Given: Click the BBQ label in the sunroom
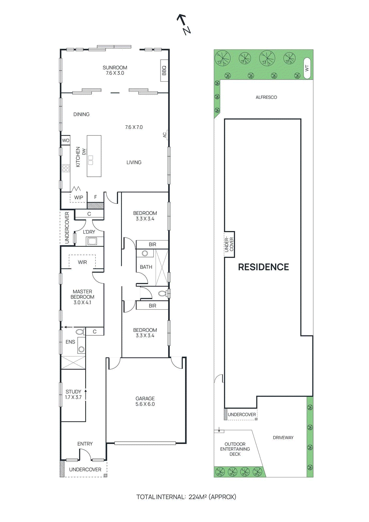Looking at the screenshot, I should tap(164, 70).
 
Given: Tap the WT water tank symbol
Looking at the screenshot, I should tap(307, 69).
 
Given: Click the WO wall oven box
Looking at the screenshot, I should tap(66, 141).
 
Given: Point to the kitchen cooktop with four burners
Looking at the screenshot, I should tap(66, 168).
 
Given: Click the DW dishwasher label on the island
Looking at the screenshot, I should tap(84, 152).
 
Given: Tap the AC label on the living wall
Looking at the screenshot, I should tap(165, 134).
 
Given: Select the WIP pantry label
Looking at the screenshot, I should tap(79, 197).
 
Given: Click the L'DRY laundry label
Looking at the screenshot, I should tap(89, 232).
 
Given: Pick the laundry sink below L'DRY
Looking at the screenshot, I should tap(92, 241).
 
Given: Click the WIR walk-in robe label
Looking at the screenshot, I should tap(82, 262).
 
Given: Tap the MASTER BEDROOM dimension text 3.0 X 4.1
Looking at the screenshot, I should tap(82, 302).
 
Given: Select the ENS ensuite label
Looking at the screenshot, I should tap(70, 342).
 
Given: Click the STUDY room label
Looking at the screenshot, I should tap(73, 391).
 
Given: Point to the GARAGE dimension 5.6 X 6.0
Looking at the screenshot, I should tap(145, 404).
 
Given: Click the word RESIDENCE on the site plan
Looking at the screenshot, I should tap(263, 267).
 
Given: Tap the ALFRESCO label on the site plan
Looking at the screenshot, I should tap(266, 97).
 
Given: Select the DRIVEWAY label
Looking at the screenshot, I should tap(283, 438).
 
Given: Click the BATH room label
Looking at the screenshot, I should tap(146, 267).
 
